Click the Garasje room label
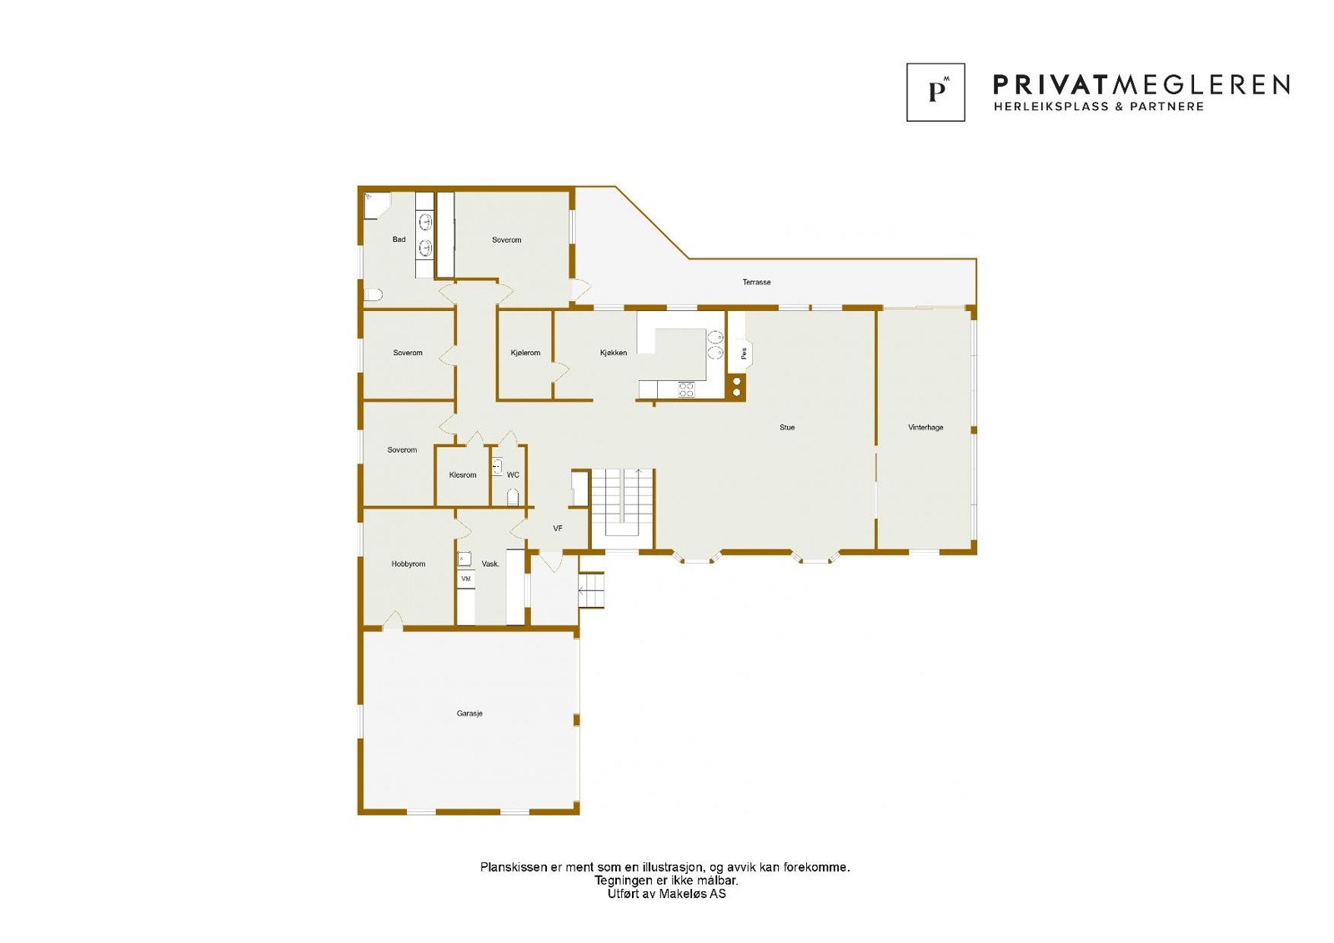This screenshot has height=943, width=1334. tap(469, 714)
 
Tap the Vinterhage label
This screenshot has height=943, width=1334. tap(925, 428)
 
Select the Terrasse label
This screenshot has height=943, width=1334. tap(756, 283)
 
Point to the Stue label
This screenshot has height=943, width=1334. tap(787, 428)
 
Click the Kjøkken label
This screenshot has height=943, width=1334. tap(614, 353)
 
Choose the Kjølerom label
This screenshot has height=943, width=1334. tap(525, 353)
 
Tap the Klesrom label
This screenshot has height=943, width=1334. tap(463, 475)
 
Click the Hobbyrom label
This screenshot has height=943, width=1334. tap(409, 564)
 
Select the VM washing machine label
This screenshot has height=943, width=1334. tap(466, 579)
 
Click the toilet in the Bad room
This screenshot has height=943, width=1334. tap(373, 294)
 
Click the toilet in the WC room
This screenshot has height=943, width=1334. tap(514, 498)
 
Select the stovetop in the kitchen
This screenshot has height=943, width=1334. tap(686, 389)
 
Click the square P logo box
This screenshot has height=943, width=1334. tap(935, 93)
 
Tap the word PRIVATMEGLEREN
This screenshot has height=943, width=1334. tap(1141, 84)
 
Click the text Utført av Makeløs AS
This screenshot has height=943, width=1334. tap(666, 894)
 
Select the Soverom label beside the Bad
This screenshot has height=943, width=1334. tap(506, 240)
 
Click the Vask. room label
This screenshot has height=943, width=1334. tap(490, 564)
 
